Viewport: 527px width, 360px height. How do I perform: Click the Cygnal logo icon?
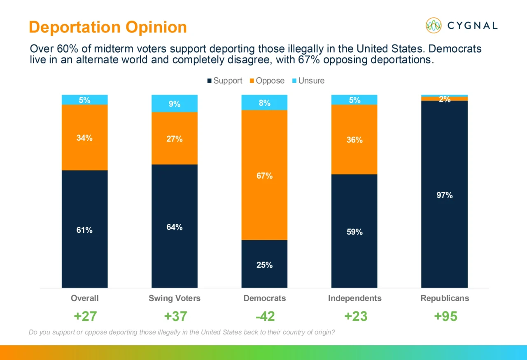pyautogui.click(x=434, y=26)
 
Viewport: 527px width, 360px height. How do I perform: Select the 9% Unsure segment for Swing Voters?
pyautogui.click(x=175, y=104)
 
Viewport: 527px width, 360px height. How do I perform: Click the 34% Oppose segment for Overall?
pyautogui.click(x=84, y=137)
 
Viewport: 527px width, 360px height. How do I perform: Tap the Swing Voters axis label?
pyautogui.click(x=175, y=298)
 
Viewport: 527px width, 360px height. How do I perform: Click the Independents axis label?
pyautogui.click(x=354, y=298)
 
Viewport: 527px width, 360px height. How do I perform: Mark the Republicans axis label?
pyautogui.click(x=445, y=298)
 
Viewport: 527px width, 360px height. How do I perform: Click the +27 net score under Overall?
pyautogui.click(x=85, y=316)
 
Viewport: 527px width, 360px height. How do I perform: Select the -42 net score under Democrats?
pyautogui.click(x=264, y=316)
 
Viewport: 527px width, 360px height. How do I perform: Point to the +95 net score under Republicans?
pyautogui.click(x=445, y=316)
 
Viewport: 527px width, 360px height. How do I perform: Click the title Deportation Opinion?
pyautogui.click(x=108, y=27)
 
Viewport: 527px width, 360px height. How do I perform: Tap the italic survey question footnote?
pyautogui.click(x=182, y=332)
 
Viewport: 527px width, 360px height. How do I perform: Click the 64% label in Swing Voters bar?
pyautogui.click(x=175, y=227)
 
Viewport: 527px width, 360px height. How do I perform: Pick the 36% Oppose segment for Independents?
pyautogui.click(x=354, y=139)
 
